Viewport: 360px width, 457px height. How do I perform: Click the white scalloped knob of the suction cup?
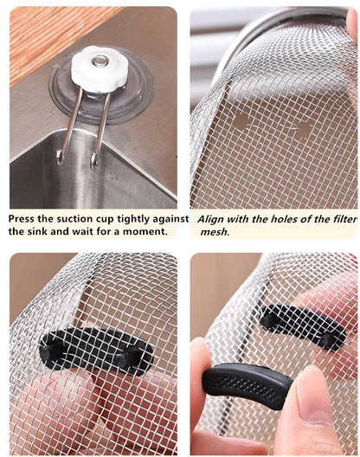coord(100,69)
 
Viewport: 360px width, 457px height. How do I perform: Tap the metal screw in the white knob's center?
coord(101,61)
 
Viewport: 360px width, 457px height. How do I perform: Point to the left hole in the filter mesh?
coord(242,120)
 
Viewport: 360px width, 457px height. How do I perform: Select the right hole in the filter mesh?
coord(302,130)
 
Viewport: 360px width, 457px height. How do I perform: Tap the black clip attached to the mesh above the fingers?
coord(302,327)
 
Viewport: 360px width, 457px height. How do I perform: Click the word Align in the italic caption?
coord(213,219)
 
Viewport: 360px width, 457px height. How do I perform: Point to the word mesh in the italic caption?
coord(214,232)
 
